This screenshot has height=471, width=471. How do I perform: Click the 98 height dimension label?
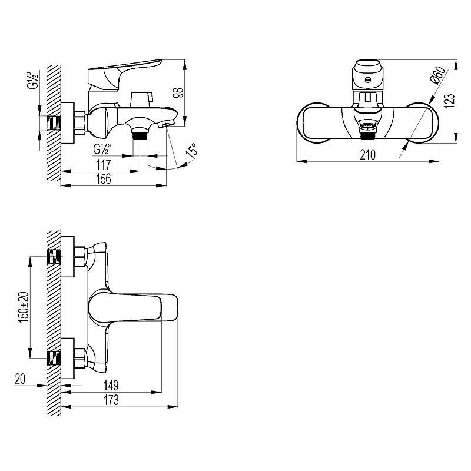coord(178,92)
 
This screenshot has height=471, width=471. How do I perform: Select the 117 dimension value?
coord(104,165)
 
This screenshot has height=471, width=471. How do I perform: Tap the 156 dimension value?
coord(104,179)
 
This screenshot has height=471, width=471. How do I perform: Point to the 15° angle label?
coord(192,151)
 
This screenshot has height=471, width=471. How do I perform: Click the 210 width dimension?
coord(367,155)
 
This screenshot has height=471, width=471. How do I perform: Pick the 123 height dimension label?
coord(450,101)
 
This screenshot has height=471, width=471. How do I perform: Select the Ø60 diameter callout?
coord(438,75)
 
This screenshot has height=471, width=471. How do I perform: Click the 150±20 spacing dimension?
coord(24,307)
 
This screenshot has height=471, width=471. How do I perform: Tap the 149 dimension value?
coord(111,385)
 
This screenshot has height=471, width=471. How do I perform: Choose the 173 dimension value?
coord(111,400)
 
